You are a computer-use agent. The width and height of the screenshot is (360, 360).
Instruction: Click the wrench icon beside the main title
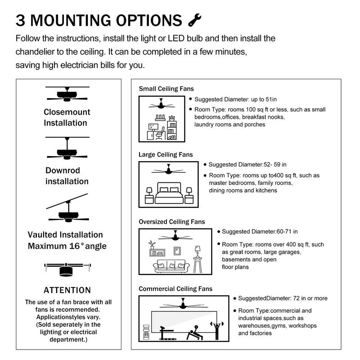[x=194, y=20]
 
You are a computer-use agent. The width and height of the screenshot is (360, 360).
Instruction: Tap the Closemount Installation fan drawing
[x=67, y=94]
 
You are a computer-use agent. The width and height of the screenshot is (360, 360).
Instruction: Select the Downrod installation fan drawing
[x=67, y=151]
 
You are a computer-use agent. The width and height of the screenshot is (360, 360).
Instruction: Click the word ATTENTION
[x=67, y=290]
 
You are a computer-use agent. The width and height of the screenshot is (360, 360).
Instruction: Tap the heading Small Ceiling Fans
[x=166, y=89]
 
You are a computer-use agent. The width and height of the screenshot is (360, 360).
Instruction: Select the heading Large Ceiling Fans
[x=166, y=154]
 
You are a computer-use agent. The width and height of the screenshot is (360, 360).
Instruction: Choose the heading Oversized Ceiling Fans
[x=172, y=222]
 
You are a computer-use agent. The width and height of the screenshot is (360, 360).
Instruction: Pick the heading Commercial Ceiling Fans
[x=175, y=288]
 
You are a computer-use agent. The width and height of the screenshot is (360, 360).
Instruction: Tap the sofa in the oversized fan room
[x=171, y=266]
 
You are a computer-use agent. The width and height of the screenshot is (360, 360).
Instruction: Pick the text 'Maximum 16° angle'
[x=67, y=246]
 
